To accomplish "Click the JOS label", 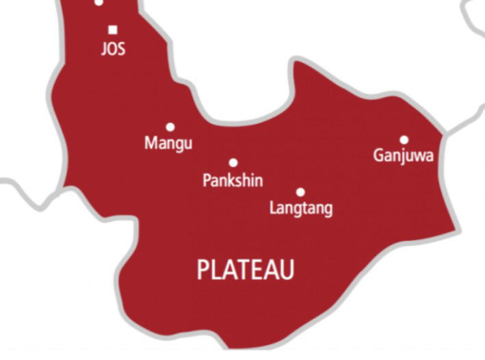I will click(113, 50).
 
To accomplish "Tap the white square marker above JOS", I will click(113, 29).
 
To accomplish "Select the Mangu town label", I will click(168, 144).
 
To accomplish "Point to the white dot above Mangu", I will click(170, 127).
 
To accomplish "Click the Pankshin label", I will click(233, 180).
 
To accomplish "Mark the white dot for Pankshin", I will click(233, 163).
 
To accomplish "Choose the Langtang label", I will click(301, 208).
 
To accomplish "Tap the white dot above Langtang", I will click(300, 192).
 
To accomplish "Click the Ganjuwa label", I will click(404, 156).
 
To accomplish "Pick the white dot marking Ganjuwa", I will click(404, 140).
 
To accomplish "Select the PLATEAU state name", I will click(246, 270).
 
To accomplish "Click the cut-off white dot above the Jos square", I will click(99, 2).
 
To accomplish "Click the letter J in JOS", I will click(103, 51).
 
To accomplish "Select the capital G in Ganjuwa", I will click(378, 155).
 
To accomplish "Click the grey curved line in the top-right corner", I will click(472, 14).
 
